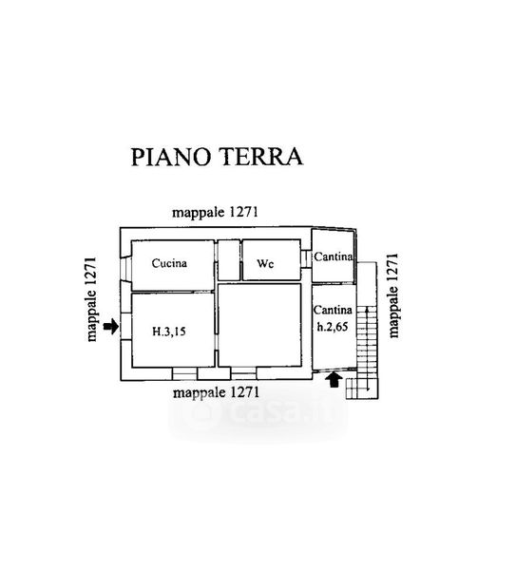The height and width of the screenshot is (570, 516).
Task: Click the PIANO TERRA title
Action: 217,157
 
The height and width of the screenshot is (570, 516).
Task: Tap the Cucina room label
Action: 169,263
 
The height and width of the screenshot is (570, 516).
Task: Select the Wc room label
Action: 265,263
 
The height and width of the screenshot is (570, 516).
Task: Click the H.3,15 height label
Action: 169,332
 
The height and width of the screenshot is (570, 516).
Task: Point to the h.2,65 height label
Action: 333,327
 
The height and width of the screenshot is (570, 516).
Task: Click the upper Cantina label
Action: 334,256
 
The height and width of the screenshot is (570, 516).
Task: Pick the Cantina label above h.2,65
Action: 333,310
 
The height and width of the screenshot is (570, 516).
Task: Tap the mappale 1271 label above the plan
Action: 215,212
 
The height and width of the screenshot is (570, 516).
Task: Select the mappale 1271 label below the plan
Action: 217,392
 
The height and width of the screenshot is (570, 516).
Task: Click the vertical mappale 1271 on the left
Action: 91,299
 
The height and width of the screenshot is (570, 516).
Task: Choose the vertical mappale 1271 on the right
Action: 393,295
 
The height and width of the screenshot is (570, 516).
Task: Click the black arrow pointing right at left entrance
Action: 111,326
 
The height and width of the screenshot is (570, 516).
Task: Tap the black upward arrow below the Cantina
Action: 334,379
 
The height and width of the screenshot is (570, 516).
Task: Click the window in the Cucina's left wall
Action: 125,269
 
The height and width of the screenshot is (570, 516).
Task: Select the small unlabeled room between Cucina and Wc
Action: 229,260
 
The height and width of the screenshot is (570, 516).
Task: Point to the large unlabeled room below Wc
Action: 259,325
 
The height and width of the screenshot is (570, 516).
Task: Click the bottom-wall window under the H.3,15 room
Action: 184,373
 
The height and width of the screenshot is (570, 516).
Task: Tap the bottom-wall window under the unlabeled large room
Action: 243,373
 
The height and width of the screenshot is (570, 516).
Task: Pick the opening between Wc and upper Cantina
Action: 306,258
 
